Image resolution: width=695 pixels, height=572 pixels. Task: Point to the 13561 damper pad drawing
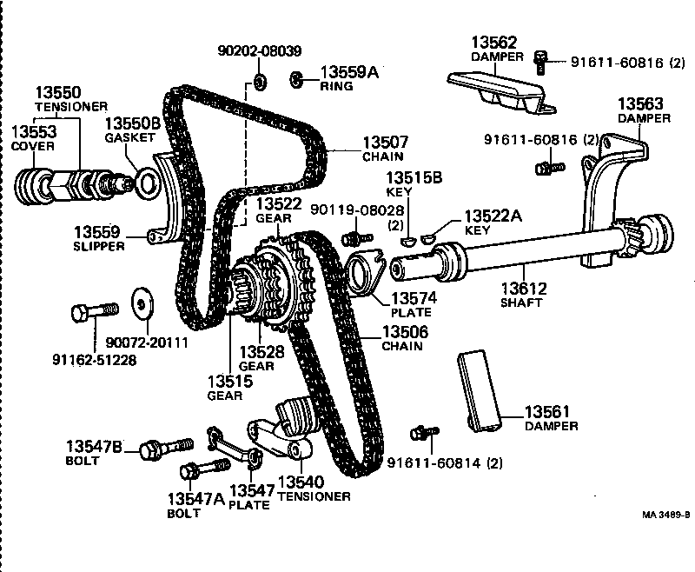(x=478, y=390)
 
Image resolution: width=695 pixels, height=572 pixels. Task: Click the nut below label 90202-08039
(x=259, y=83)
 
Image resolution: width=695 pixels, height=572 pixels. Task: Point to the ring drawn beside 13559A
(x=295, y=79)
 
